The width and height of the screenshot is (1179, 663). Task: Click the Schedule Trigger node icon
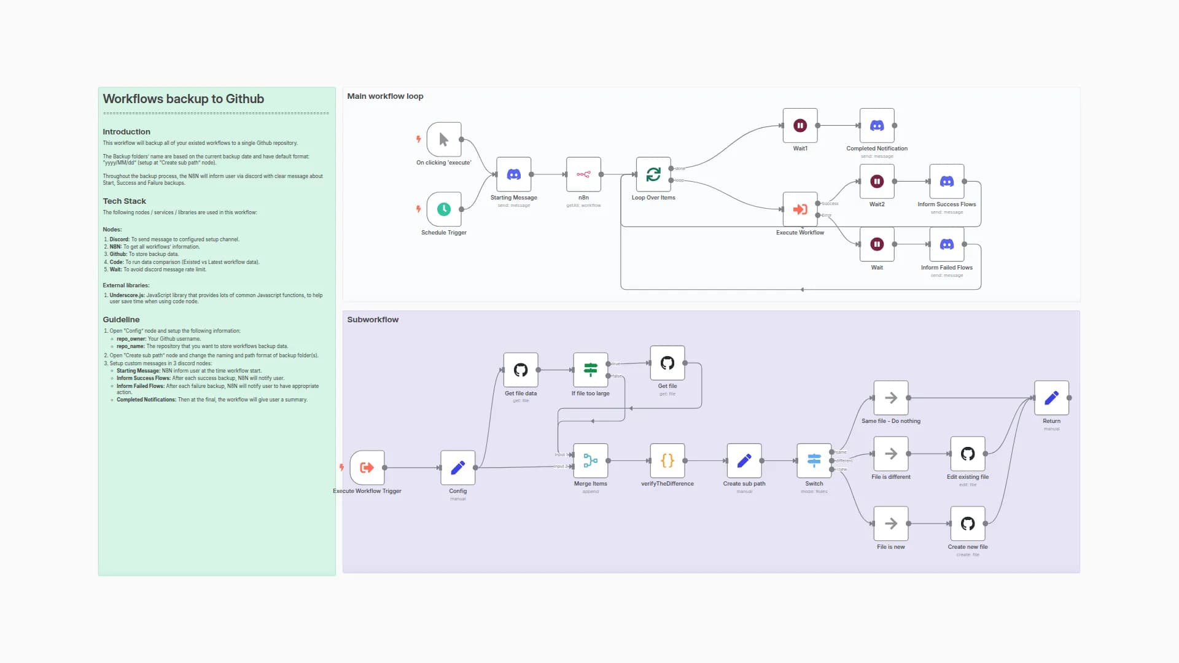[443, 209]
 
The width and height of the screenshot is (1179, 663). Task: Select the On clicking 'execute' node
[443, 139]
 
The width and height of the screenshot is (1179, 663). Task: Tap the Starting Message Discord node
[513, 174]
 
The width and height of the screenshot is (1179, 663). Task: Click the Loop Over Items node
[653, 174]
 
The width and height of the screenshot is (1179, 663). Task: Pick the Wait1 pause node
[800, 126]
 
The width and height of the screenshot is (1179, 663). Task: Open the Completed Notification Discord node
[876, 126]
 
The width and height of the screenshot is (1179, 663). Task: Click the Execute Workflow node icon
[800, 209]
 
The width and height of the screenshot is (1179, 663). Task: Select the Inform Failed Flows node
[946, 244]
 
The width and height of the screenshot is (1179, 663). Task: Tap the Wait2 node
[876, 182]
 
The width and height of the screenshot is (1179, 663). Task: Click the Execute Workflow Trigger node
[367, 468]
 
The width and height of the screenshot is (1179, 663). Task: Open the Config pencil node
[457, 468]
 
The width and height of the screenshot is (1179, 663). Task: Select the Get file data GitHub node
[520, 370]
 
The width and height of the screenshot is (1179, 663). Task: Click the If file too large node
[590, 370]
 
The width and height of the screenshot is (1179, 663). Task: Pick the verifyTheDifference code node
[667, 461]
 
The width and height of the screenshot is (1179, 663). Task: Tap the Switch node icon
[814, 461]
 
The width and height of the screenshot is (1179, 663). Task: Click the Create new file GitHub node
[967, 524]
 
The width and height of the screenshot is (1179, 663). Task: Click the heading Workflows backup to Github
[183, 99]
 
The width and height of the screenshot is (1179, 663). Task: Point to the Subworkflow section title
[373, 320]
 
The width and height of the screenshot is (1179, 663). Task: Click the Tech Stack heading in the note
[124, 201]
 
